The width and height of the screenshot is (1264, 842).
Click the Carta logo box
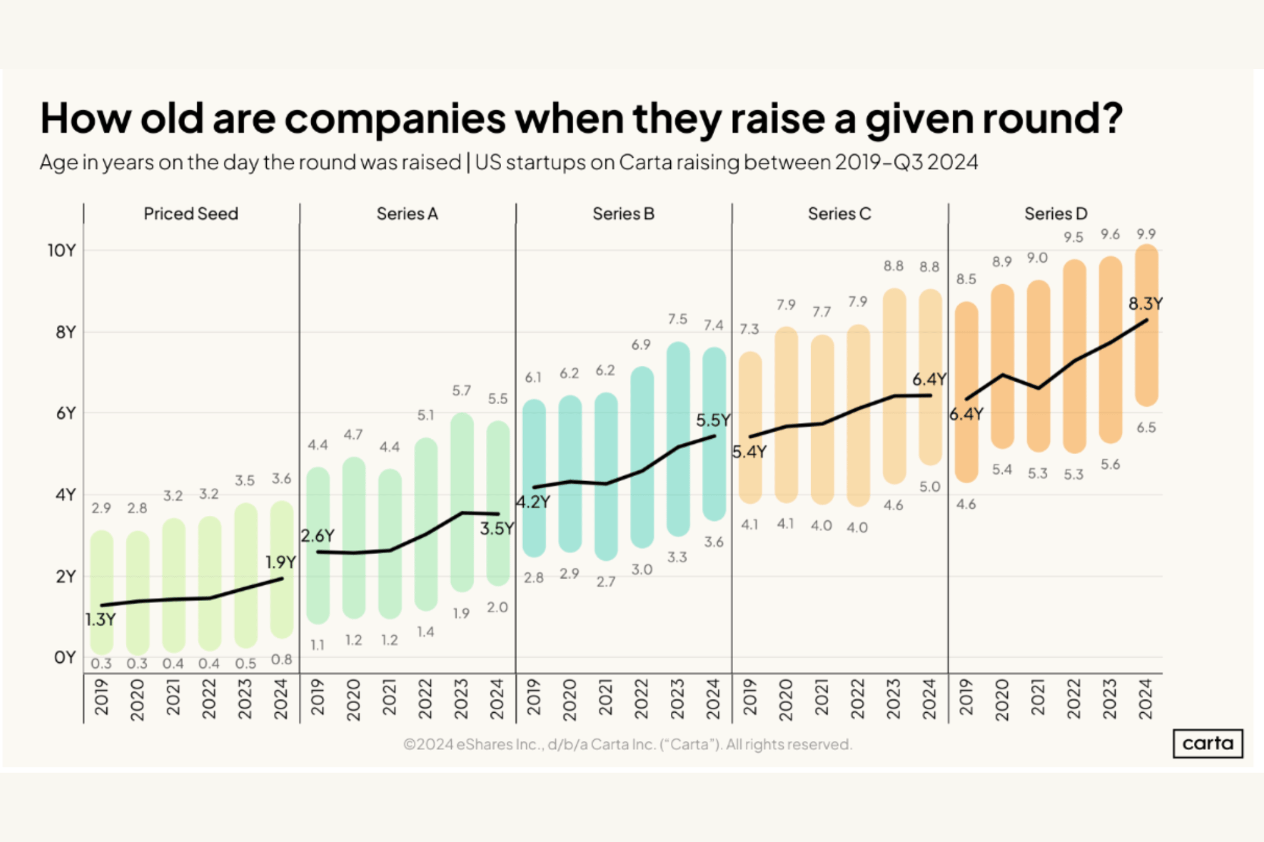1207,743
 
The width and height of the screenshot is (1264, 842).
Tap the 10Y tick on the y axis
61,250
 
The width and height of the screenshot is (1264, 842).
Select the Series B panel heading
623,214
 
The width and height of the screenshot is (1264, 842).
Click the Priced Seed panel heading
191,214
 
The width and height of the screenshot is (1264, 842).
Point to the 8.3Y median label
1145,304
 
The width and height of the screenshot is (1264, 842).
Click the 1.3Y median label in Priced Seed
101,620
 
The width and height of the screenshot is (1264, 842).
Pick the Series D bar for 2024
1147,326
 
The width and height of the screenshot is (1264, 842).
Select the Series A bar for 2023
462,502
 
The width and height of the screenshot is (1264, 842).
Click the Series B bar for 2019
534,478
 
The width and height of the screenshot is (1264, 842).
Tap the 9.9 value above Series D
1146,234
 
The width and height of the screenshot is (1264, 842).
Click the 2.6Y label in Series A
317,536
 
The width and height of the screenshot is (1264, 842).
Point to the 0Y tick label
65,657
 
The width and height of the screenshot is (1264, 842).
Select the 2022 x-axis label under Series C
857,699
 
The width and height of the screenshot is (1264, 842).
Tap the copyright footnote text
627,744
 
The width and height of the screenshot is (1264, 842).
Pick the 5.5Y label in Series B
713,420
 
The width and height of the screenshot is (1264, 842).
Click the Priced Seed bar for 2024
281,569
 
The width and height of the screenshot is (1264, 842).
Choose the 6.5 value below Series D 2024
1146,428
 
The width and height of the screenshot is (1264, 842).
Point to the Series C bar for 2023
894,386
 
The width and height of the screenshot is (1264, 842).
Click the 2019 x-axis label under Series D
966,699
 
